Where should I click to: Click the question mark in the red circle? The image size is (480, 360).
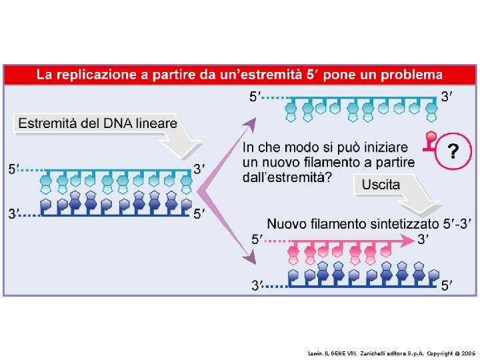[453, 153]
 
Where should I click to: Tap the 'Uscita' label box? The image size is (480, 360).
[381, 184]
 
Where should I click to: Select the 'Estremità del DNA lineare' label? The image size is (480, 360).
[97, 123]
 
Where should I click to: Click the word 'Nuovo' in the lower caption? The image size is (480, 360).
[289, 223]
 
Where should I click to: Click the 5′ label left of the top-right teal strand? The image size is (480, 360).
[255, 98]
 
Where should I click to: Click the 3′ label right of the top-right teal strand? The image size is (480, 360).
[447, 98]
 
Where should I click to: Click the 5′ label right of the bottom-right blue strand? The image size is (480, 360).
[449, 285]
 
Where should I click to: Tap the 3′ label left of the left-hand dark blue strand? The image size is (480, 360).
[13, 213]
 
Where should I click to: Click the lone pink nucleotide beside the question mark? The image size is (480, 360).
[430, 141]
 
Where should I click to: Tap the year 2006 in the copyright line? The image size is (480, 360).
[468, 351]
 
